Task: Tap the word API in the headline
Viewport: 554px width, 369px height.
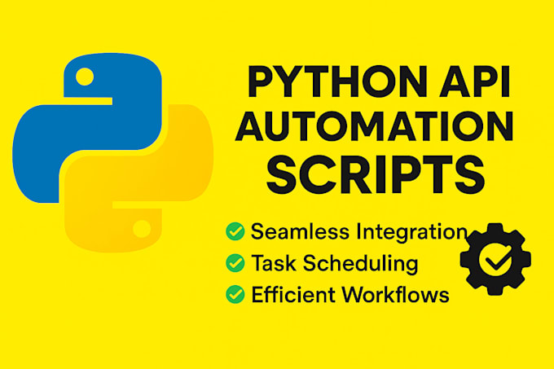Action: click(x=474, y=81)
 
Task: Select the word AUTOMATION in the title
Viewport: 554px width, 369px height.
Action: click(x=374, y=126)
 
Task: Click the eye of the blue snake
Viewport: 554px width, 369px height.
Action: click(x=85, y=77)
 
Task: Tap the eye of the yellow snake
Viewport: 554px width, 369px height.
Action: click(x=142, y=229)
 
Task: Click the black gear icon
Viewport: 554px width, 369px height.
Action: click(x=495, y=259)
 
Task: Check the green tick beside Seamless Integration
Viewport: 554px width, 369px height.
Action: click(x=235, y=231)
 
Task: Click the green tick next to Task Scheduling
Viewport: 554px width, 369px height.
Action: click(x=235, y=263)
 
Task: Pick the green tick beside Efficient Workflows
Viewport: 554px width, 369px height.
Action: click(x=235, y=295)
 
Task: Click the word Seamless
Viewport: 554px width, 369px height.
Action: click(x=300, y=231)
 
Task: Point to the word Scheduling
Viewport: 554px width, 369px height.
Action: click(x=360, y=264)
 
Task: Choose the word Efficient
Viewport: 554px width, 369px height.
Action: click(x=293, y=295)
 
